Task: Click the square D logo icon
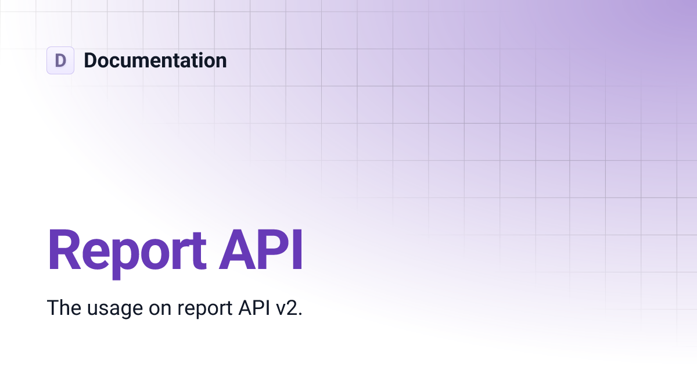[60, 60]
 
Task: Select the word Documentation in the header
[155, 60]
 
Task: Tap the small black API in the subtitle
[253, 308]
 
